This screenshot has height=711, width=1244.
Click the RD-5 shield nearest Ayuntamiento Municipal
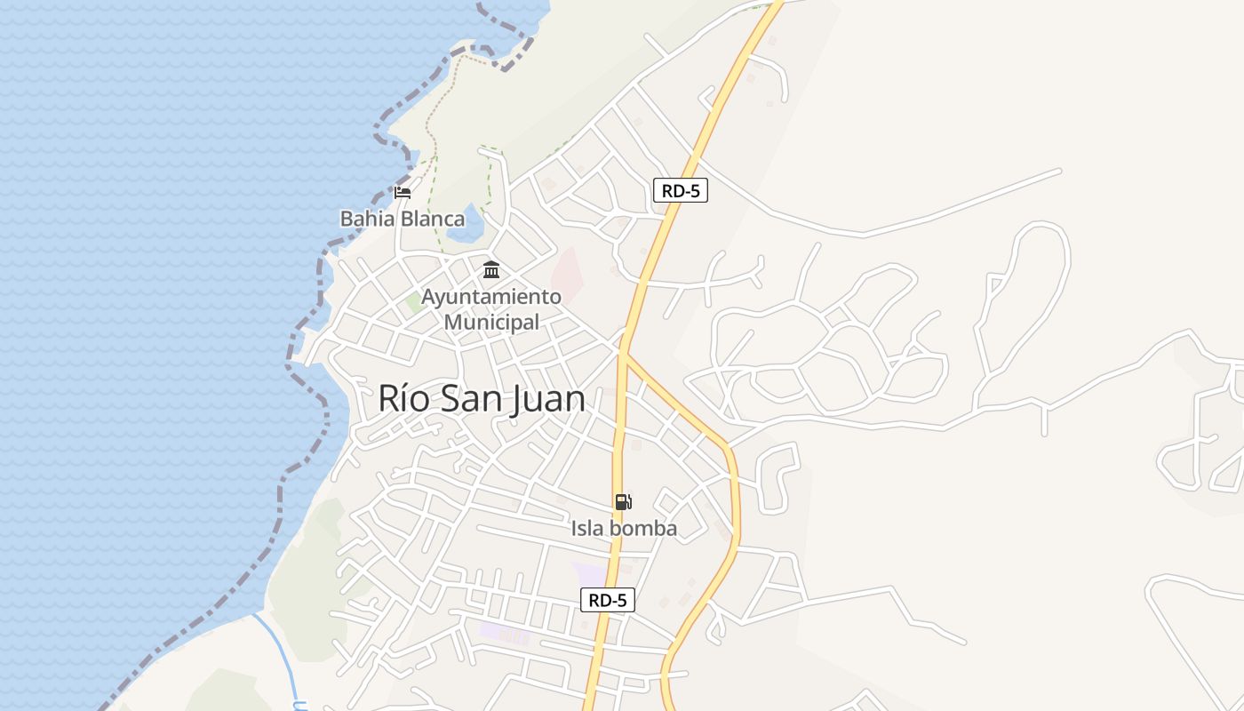[680, 190]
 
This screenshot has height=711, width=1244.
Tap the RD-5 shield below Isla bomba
[608, 600]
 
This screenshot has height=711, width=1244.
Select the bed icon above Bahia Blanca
[403, 192]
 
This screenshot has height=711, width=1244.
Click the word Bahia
[366, 219]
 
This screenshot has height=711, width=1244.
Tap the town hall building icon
[491, 269]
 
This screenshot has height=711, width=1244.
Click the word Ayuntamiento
[491, 297]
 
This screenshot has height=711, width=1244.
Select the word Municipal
[491, 323]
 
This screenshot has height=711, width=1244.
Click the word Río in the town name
[404, 398]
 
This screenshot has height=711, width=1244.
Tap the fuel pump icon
[623, 502]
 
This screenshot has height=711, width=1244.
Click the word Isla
[588, 529]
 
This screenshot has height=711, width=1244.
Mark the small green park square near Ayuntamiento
[415, 302]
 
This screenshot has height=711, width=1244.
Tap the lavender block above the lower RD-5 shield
[589, 573]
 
